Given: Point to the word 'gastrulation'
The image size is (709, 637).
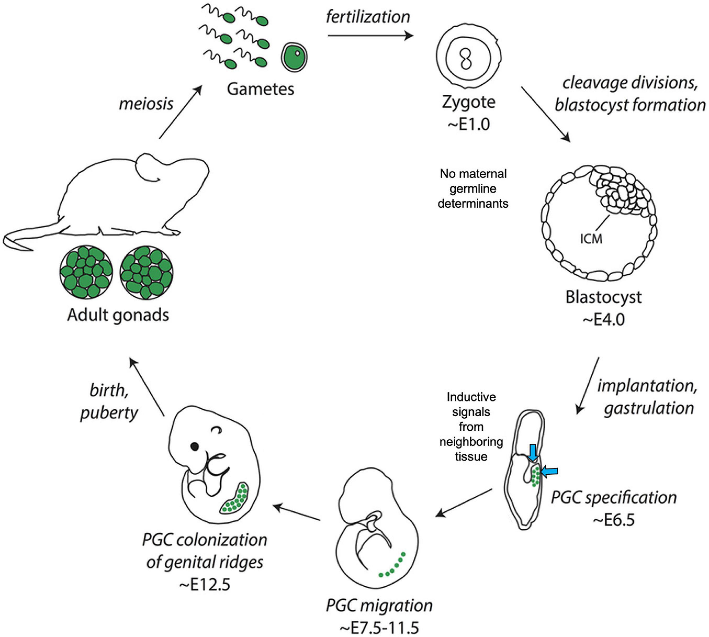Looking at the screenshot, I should coord(649,408).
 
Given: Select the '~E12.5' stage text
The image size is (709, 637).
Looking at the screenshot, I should coord(205,585).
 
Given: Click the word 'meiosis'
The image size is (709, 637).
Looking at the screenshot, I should coord(146,104).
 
